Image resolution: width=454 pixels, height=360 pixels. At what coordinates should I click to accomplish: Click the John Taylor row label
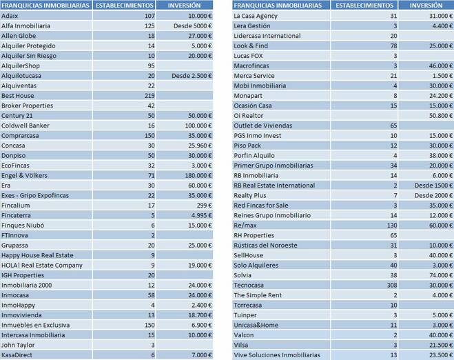pyautogui.click(x=20, y=346)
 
